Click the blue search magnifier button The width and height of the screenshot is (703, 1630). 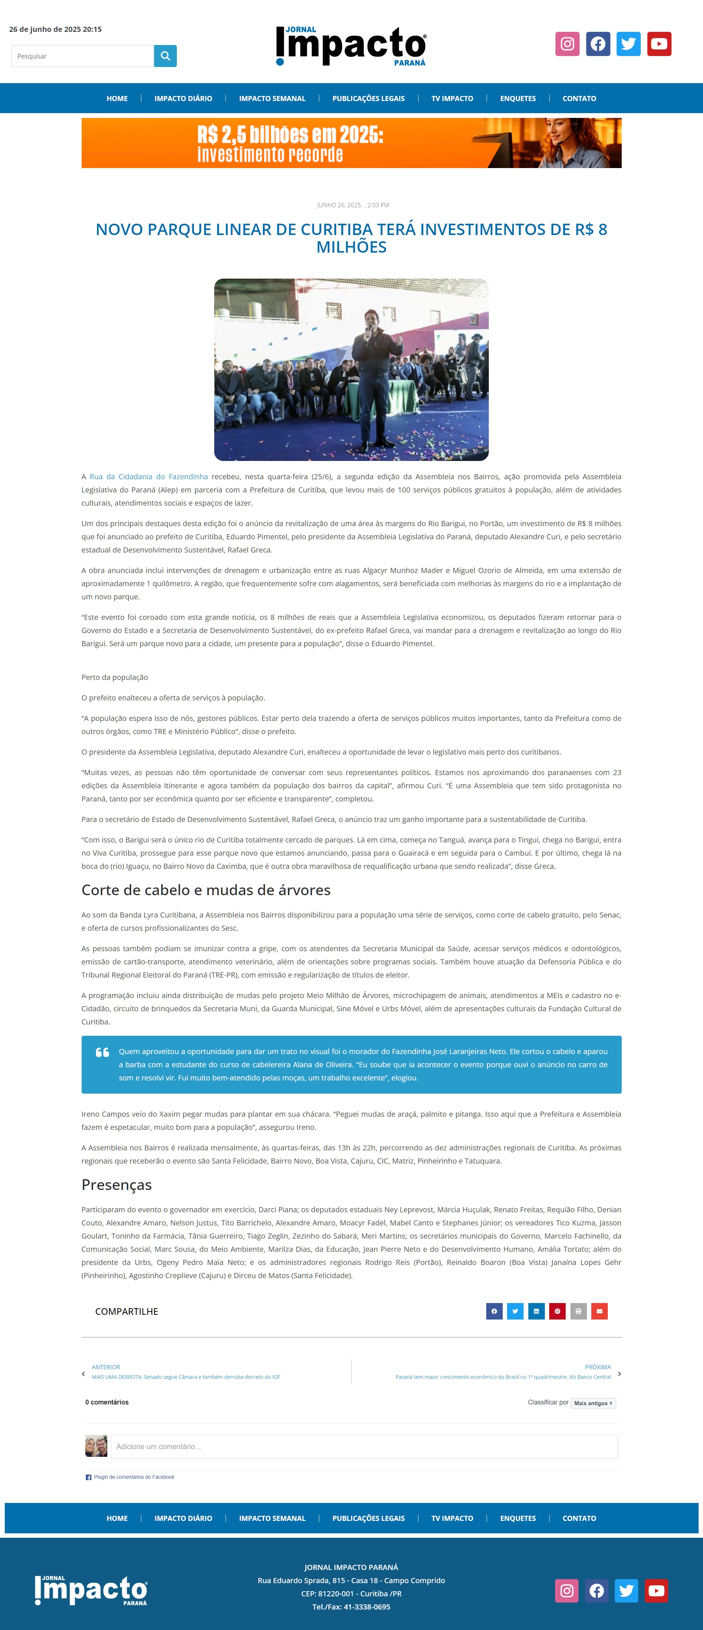pos(165,56)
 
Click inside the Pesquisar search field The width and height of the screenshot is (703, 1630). pos(82,56)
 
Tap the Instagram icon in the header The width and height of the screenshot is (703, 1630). pos(567,44)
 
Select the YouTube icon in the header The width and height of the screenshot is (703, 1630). pos(659,44)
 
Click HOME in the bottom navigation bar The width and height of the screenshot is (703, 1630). pos(117,1518)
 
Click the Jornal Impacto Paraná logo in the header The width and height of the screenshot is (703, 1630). pos(351,45)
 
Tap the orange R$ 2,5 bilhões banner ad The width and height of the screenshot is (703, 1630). pos(351,143)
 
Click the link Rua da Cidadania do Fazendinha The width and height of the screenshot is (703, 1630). pos(149,476)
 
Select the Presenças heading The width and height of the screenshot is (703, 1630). pos(116,1184)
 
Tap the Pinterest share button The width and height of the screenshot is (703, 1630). pos(557,1311)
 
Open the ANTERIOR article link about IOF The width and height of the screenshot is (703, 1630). pos(185,1377)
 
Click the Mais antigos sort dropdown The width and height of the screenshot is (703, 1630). pos(593,1403)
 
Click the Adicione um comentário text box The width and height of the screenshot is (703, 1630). pos(364,1447)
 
